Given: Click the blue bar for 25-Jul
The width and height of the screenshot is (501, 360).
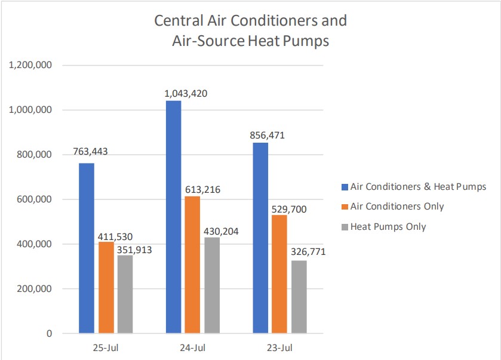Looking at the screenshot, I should point(87,248).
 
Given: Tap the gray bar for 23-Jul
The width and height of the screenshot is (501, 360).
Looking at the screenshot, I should point(299,297).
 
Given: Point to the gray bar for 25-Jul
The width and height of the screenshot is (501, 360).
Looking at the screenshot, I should point(125,294).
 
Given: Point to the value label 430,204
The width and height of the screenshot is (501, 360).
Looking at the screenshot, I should point(220,230).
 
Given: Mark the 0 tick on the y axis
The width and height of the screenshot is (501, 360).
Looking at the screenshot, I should point(50,333).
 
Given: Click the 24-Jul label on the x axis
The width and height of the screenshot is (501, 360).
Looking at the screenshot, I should point(192,347).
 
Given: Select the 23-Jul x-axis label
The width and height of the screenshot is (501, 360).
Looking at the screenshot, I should point(279,347).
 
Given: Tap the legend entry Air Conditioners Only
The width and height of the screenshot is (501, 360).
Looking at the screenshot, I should point(397,207).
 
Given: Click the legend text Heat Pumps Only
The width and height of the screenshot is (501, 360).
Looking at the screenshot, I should point(388,226).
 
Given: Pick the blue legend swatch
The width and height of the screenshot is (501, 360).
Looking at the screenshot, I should point(345,187).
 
